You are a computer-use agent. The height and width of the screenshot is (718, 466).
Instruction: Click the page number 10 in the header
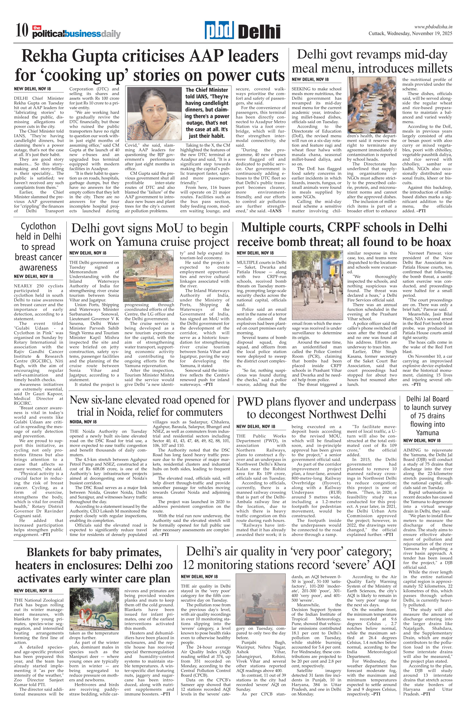[x=22, y=31]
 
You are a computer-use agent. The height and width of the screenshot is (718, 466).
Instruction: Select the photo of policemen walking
[x=317, y=285]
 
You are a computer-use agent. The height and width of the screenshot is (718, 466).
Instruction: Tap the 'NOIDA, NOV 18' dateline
[x=83, y=422]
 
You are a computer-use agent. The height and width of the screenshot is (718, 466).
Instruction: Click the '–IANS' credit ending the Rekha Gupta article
[x=274, y=211]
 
